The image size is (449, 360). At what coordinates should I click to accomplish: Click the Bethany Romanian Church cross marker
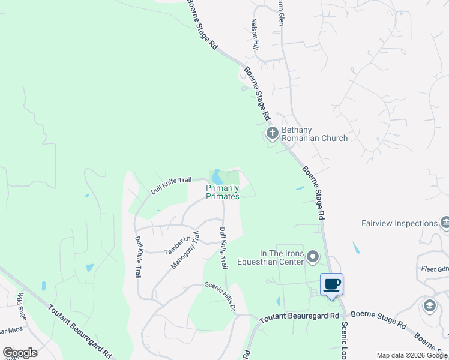pos(272,133)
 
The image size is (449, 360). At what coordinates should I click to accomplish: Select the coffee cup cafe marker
pos(331,284)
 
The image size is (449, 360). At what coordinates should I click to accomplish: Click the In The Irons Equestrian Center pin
pos(312,257)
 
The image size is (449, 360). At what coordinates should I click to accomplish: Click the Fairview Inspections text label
pos(399,224)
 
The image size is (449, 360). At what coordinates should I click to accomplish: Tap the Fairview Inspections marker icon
pos(445,223)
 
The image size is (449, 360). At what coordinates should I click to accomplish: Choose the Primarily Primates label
pos(223,192)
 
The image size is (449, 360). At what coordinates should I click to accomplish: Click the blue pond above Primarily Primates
pos(217,177)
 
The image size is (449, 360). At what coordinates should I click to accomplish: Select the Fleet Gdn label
pos(434,269)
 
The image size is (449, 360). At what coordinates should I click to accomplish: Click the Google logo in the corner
pos(20,353)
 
